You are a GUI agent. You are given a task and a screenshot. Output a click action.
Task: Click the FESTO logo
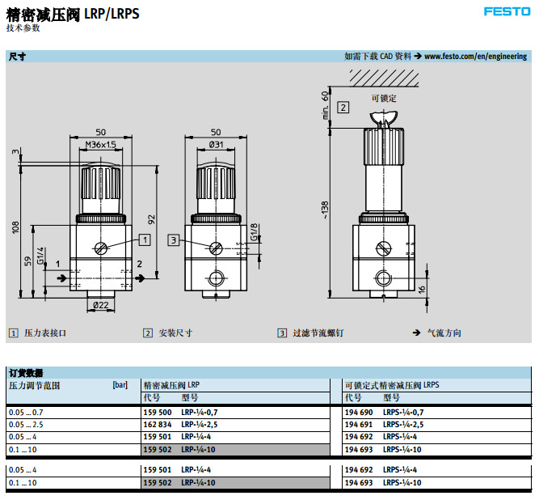point(506,11)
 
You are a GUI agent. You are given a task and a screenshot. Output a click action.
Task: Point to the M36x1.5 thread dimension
point(101,145)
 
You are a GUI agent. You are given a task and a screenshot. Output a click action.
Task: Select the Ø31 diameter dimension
point(216,145)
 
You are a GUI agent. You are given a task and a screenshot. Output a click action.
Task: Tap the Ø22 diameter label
point(101,304)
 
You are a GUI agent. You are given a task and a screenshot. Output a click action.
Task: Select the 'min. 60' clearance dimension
point(325,104)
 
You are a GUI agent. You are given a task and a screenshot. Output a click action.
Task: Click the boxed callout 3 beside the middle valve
point(173,239)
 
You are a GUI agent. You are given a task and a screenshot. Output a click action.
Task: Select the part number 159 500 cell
point(156,413)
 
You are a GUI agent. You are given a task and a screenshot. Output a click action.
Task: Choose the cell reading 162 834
point(156,425)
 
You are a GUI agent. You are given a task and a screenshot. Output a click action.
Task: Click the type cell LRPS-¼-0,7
point(402,413)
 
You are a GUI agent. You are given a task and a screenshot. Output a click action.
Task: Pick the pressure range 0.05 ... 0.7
point(25,413)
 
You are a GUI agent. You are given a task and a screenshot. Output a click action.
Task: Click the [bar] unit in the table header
point(120,385)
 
